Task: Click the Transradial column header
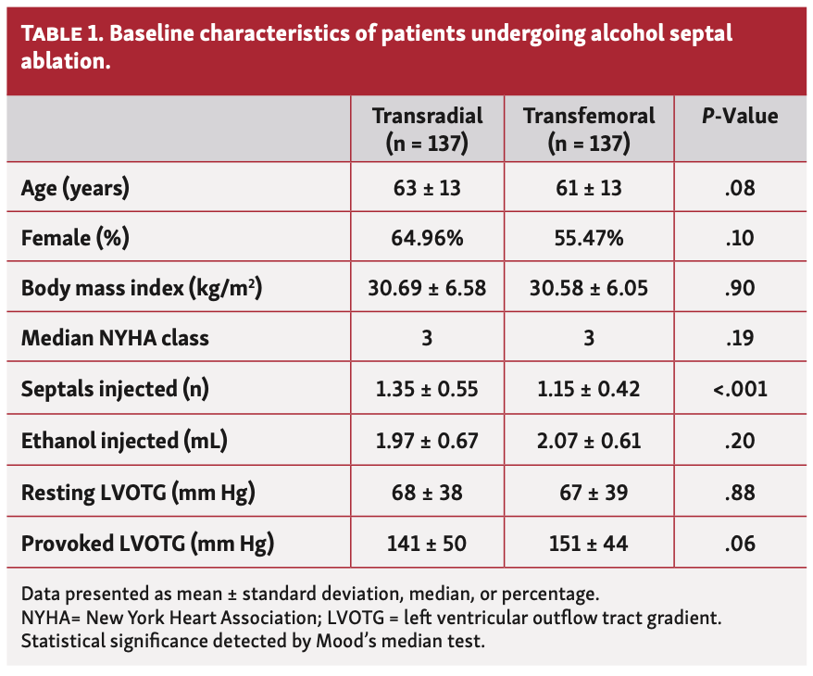(x=427, y=129)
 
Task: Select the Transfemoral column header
(x=588, y=129)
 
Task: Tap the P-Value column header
(x=740, y=117)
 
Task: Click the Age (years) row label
(x=75, y=188)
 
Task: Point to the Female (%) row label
(x=75, y=238)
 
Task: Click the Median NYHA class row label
(x=115, y=338)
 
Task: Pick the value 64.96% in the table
(x=427, y=238)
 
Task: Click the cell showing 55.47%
(x=588, y=238)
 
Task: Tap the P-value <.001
(x=740, y=389)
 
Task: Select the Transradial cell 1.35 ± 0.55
(x=427, y=389)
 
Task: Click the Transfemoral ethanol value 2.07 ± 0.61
(x=588, y=439)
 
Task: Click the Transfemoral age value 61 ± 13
(x=588, y=188)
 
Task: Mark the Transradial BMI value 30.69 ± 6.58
(x=427, y=288)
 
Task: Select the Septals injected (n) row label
(x=115, y=389)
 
